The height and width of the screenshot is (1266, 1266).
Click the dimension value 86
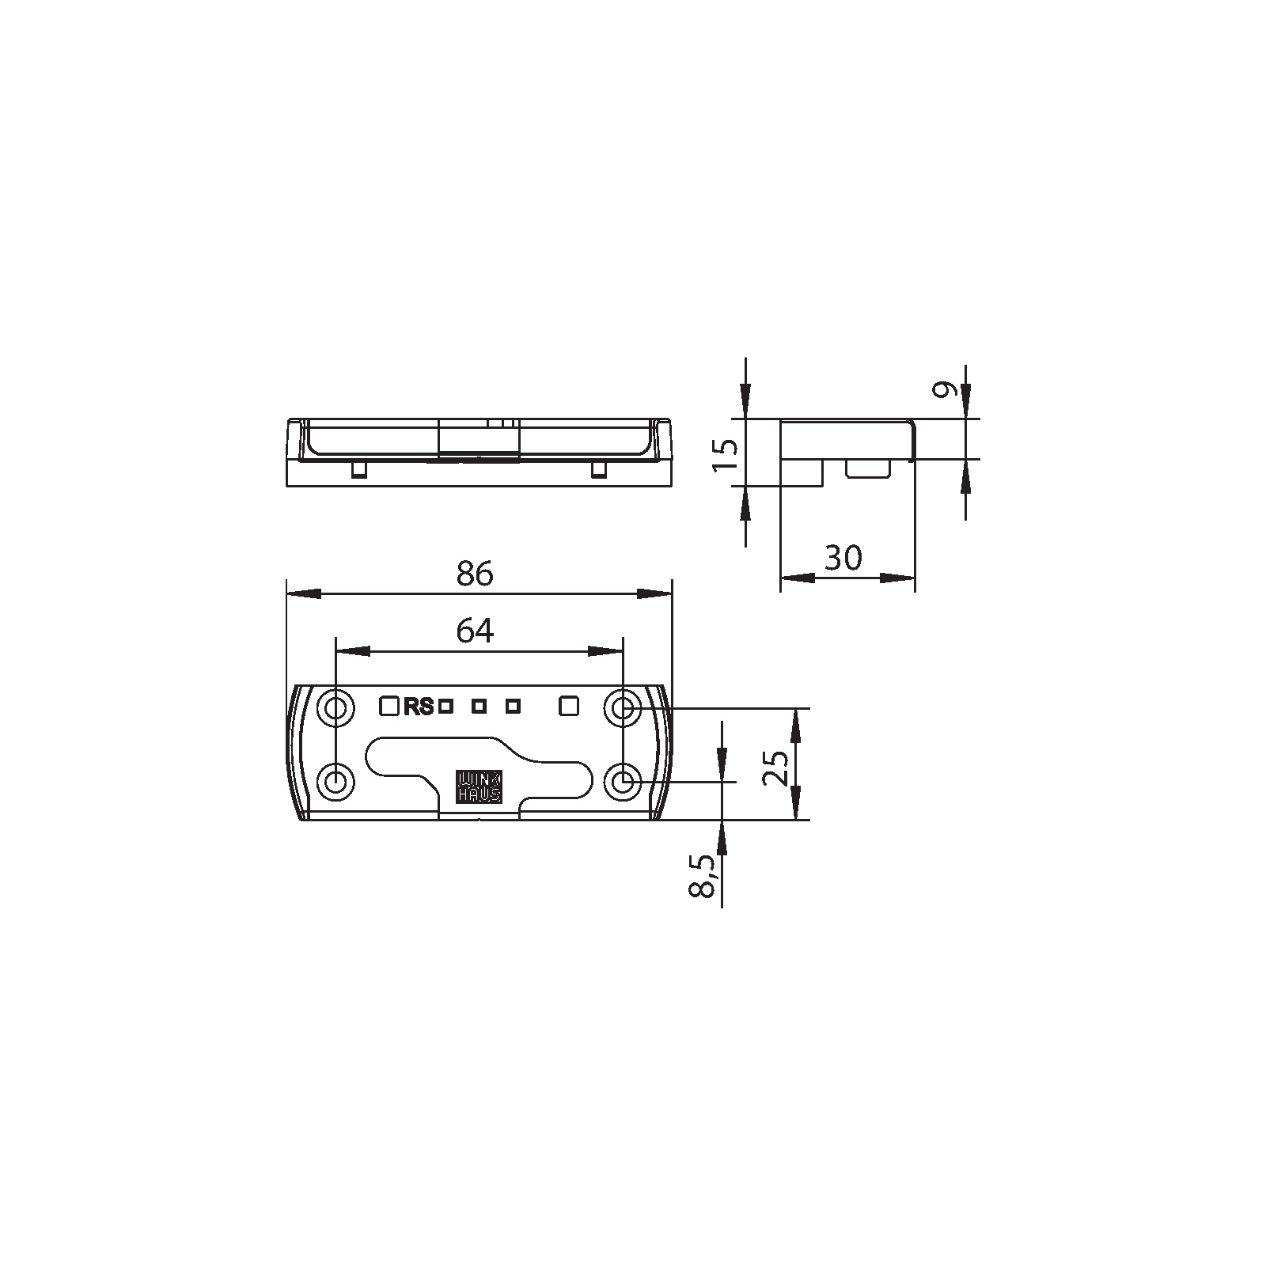(475, 573)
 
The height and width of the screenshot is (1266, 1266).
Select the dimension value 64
(475, 631)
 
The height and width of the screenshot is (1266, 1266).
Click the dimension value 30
(843, 558)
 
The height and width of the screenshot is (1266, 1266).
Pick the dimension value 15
(726, 455)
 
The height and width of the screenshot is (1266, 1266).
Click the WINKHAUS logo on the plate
(479, 786)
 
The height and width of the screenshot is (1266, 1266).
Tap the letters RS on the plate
(419, 707)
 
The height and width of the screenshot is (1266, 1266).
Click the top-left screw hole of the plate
(335, 707)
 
